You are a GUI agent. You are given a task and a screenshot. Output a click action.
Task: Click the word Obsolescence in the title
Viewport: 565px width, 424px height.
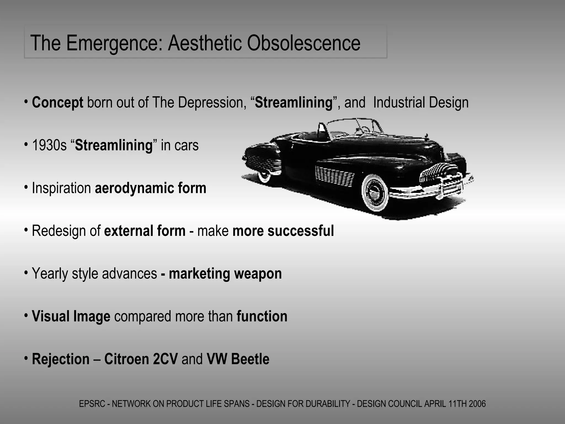pyautogui.click(x=303, y=43)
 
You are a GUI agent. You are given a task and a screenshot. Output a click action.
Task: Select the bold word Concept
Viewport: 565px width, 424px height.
pyautogui.click(x=57, y=103)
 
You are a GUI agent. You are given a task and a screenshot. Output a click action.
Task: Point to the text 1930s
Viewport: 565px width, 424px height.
pyautogui.click(x=49, y=145)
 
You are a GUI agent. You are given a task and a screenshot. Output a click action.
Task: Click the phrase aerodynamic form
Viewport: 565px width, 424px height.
pyautogui.click(x=151, y=188)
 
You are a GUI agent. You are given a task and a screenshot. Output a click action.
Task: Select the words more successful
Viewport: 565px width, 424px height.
pyautogui.click(x=283, y=231)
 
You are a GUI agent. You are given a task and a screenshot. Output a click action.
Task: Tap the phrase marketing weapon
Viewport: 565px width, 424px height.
pyautogui.click(x=225, y=274)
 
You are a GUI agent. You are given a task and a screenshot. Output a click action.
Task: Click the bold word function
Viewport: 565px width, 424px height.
pyautogui.click(x=262, y=316)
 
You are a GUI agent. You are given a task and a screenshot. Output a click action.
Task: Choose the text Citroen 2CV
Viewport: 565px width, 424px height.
pyautogui.click(x=141, y=359)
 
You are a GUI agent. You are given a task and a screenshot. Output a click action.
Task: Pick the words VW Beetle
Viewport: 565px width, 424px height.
pyautogui.click(x=238, y=359)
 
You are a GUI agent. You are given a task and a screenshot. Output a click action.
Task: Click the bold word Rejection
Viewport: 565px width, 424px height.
pyautogui.click(x=61, y=359)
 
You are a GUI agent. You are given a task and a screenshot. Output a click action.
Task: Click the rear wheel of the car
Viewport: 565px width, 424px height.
pyautogui.click(x=264, y=176)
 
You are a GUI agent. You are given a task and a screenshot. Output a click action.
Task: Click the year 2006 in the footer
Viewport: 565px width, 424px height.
pyautogui.click(x=477, y=404)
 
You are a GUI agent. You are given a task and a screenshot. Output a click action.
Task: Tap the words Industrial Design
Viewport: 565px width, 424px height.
pyautogui.click(x=421, y=103)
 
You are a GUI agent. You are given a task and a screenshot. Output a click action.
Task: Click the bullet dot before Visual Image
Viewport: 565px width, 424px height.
pyautogui.click(x=26, y=315)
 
